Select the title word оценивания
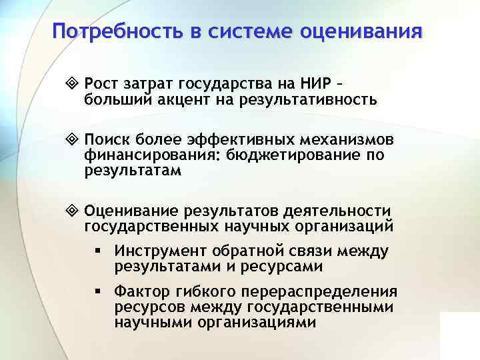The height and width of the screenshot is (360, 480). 363,31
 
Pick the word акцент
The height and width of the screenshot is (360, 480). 187,100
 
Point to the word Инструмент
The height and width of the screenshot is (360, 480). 159,251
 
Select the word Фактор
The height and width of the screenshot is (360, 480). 138,291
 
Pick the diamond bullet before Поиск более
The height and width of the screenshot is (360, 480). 74,140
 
